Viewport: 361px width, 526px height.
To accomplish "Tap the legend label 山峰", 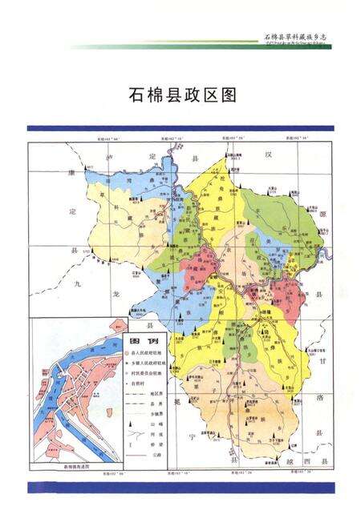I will click(156, 426).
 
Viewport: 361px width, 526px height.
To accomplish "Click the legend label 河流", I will click(156, 436).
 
